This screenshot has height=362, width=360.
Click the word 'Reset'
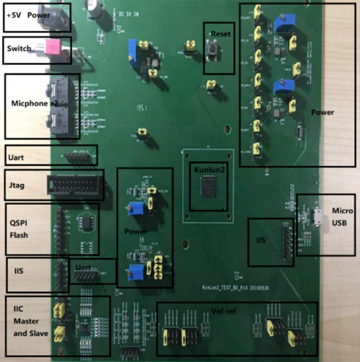coord(220,34)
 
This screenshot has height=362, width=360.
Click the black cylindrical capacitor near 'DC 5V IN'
coord(96,16)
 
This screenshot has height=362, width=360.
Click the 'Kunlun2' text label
coord(207,171)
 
